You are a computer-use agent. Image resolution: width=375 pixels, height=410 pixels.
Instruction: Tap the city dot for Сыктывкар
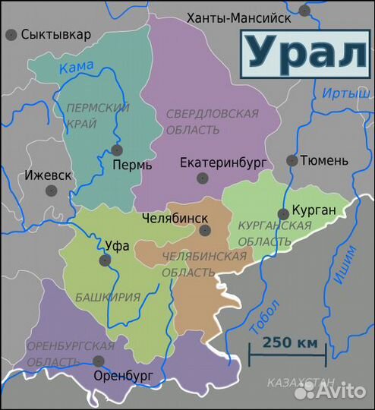tap(11, 35)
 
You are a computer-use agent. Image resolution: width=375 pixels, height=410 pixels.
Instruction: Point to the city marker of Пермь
tap(116, 150)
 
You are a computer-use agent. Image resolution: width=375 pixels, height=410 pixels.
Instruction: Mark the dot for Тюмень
tap(291, 160)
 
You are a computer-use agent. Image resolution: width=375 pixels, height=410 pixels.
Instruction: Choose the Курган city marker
tap(283, 214)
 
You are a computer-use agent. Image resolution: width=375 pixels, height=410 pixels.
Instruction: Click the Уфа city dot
tap(106, 260)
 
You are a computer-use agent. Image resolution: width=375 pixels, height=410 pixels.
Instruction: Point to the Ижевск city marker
tap(52, 191)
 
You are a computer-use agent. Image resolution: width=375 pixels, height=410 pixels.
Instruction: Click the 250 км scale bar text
tap(291, 342)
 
